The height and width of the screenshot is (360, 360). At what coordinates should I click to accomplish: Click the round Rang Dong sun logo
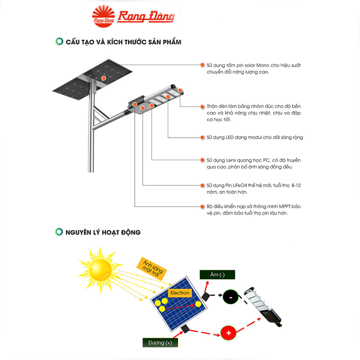point(103,17)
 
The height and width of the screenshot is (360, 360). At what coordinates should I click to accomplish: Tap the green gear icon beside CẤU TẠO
point(59,41)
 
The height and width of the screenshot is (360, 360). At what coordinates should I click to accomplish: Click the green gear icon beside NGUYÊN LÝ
point(59,232)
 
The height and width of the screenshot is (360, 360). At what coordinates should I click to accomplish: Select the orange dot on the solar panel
point(104,78)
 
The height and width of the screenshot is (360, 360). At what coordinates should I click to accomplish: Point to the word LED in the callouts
point(230,137)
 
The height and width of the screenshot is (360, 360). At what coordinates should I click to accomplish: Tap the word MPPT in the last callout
point(285,206)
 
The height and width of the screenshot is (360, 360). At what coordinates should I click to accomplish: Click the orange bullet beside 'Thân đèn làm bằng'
point(202,107)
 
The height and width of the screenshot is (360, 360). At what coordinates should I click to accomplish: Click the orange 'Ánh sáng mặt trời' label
point(152,269)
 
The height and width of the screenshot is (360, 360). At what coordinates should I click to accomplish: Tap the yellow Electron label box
point(180,293)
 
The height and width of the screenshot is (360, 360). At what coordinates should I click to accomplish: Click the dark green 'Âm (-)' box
point(217,275)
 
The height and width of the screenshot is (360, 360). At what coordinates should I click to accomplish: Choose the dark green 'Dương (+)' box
point(160,343)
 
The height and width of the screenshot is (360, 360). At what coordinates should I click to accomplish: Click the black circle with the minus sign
point(230,297)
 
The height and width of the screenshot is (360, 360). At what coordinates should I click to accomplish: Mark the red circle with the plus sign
point(229,333)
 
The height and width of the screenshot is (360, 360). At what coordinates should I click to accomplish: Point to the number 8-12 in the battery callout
point(296,185)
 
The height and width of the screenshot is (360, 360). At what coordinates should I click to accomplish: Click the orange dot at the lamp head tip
point(180,90)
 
